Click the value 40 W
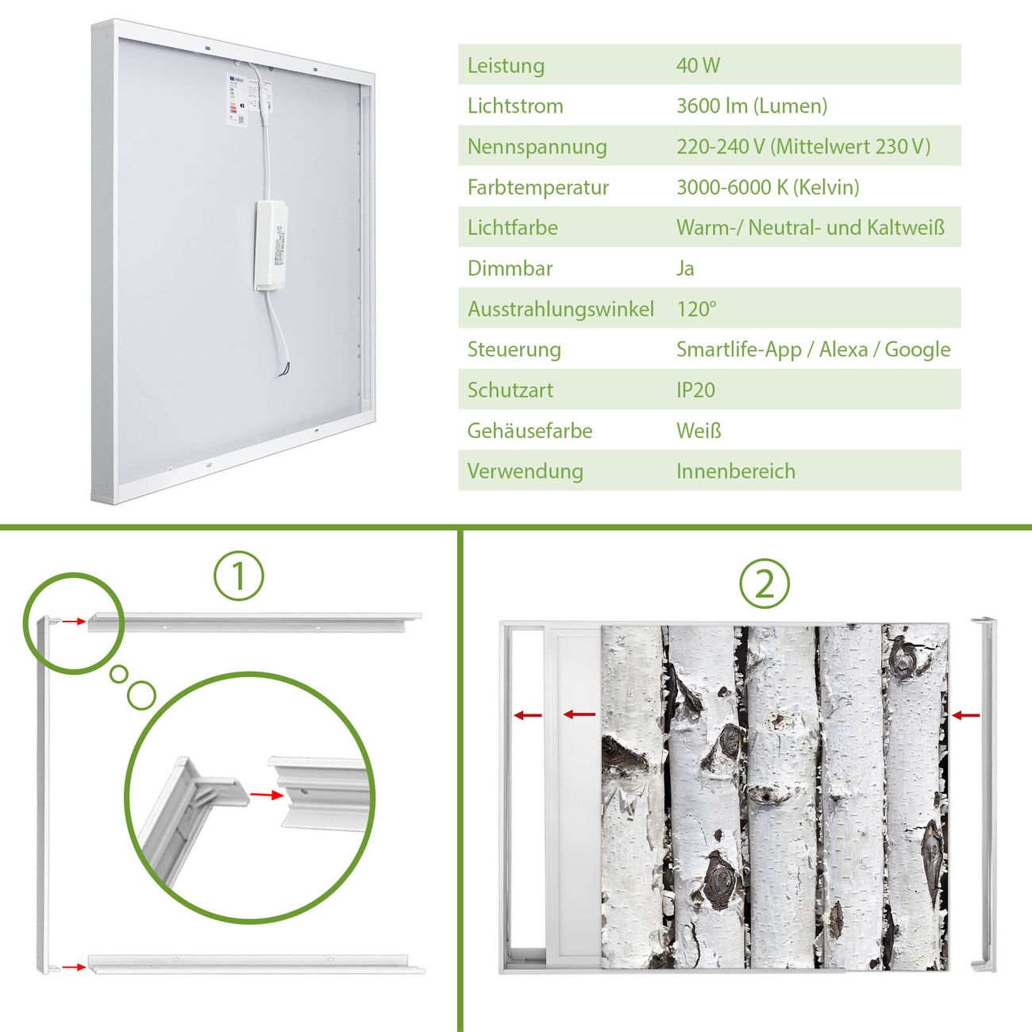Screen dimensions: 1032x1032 pos(698,65)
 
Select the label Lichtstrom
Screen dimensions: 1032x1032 pos(515,106)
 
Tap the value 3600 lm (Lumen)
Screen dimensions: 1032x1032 pos(752,106)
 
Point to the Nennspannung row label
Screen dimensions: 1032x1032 pos(537,147)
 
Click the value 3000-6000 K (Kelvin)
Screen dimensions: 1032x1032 pos(768,187)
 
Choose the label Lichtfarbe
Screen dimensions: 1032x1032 pos(513,228)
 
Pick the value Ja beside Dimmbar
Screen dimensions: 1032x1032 pos(685,268)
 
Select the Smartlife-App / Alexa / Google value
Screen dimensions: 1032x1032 pos(814,349)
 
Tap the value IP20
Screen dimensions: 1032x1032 pos(695,390)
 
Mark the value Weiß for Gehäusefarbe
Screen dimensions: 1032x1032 pos(699,430)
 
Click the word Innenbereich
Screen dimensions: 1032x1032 pos(736,472)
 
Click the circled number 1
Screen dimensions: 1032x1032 pos(239,576)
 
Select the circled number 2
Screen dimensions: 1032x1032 pos(764,583)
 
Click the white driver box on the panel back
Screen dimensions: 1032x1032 pos(271,246)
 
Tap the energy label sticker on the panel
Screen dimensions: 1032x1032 pos(237,99)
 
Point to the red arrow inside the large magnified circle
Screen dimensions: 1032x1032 pos(267,795)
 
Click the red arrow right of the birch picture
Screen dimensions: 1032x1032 pos(966,714)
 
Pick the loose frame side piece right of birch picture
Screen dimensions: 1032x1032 pos(984,795)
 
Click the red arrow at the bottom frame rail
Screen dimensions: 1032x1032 pos(74,967)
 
